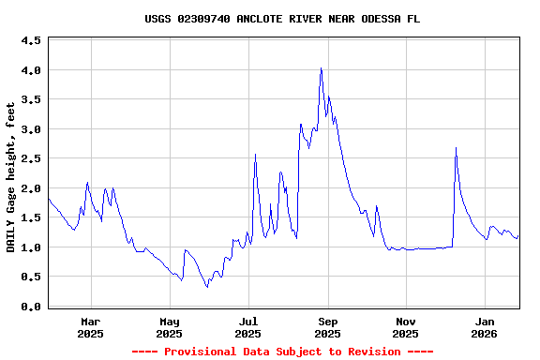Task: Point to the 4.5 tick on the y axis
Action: pyautogui.click(x=31, y=40)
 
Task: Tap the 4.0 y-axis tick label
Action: pyautogui.click(x=31, y=70)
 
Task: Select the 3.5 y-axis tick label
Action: pyautogui.click(x=31, y=99)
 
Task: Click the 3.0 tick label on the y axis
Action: pyautogui.click(x=31, y=129)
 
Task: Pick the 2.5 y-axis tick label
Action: pyautogui.click(x=31, y=158)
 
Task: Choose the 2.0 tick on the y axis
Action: pyautogui.click(x=31, y=188)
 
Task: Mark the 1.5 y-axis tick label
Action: pyautogui.click(x=31, y=217)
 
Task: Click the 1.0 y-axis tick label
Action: pyautogui.click(x=31, y=247)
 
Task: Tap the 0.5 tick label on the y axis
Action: pyautogui.click(x=31, y=277)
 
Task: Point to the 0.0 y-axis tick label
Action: pyautogui.click(x=31, y=307)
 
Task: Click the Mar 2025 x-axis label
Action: pyautogui.click(x=91, y=327)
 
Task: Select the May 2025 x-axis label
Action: pyautogui.click(x=170, y=327)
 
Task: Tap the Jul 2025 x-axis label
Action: pyautogui.click(x=248, y=327)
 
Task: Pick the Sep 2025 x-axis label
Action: pyautogui.click(x=328, y=327)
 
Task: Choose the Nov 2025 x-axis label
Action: pyautogui.click(x=406, y=327)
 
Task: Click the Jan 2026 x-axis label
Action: pyautogui.click(x=485, y=327)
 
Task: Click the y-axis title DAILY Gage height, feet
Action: pyautogui.click(x=11, y=177)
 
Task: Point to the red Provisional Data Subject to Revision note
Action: pyautogui.click(x=282, y=352)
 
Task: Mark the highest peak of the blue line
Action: pyautogui.click(x=321, y=68)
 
